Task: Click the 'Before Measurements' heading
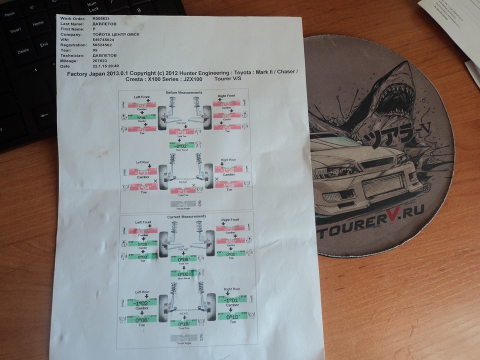coord(184,92)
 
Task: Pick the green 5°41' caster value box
coord(142,117)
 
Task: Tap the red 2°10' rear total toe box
coord(182,191)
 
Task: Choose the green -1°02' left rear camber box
coord(142,302)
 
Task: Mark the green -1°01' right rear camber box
coord(231,300)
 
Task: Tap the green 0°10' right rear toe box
coord(231,316)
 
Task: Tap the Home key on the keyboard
coord(38,23)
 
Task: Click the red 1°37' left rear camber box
coord(143,171)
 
